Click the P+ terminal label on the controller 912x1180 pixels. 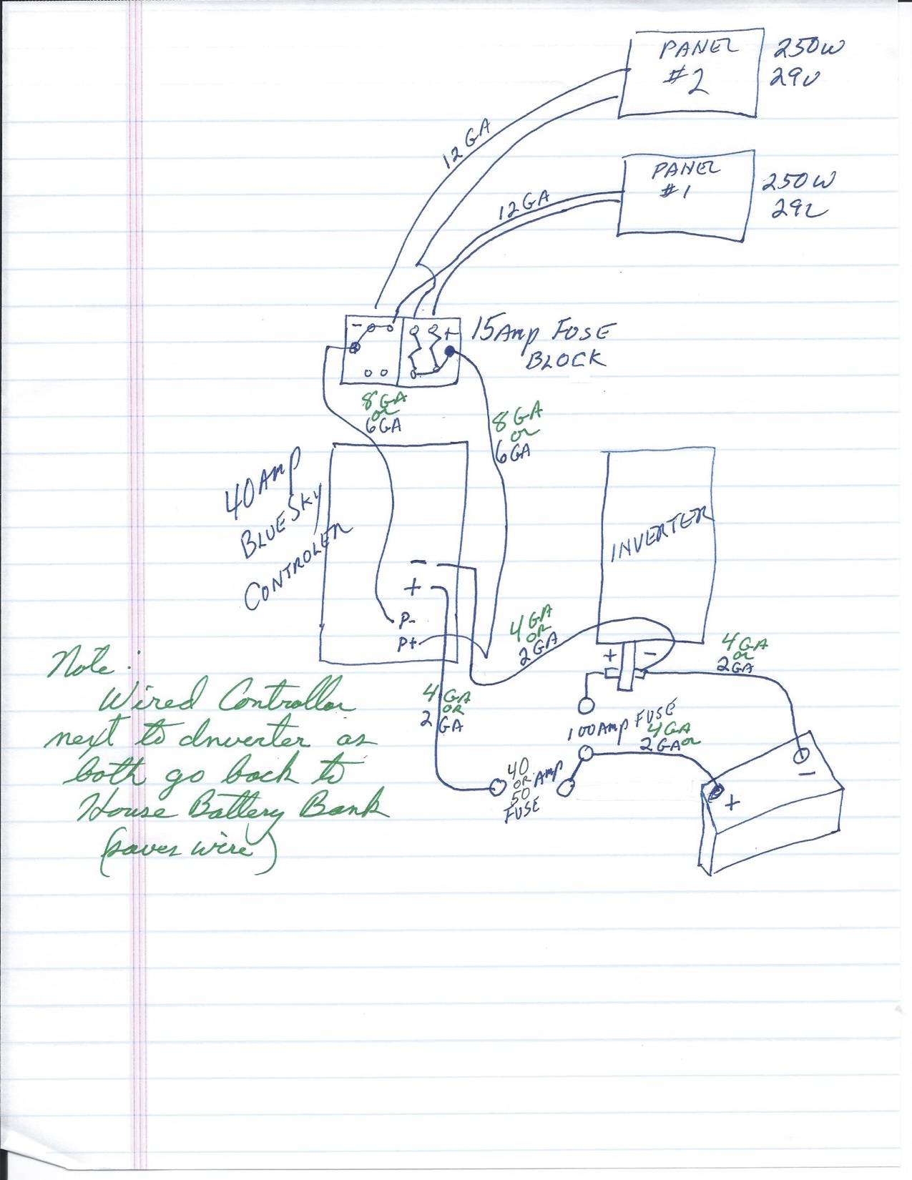click(x=407, y=644)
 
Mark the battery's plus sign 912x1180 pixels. click(x=732, y=803)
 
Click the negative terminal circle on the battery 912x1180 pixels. click(x=803, y=754)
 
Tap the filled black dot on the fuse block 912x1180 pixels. click(x=450, y=351)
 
